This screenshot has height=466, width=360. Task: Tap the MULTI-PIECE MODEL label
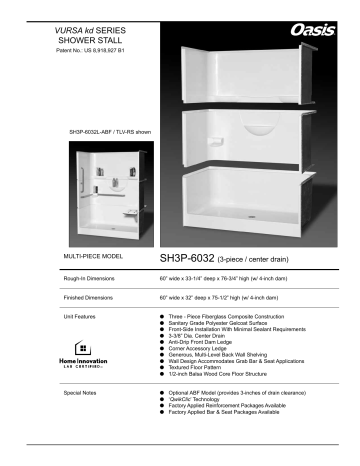pyautogui.click(x=93, y=257)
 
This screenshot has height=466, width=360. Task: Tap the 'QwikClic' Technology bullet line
pyautogui.click(x=209, y=401)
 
